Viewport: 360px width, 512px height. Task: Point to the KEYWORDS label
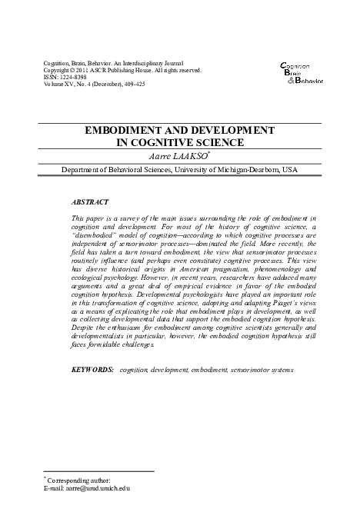(x=92, y=369)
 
